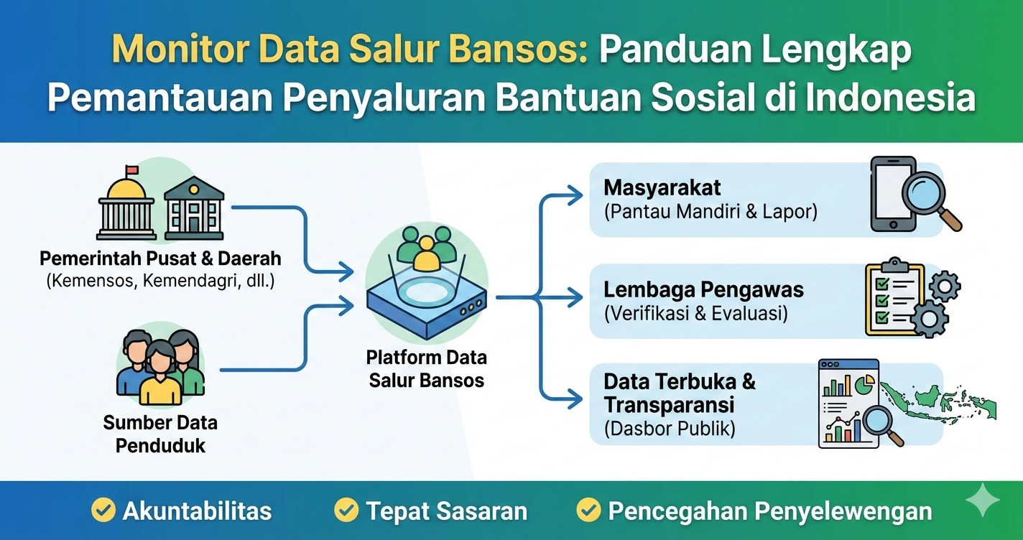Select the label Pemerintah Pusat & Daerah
point(160,258)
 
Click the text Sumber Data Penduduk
point(160,433)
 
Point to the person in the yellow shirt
point(160,376)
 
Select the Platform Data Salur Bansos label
point(427,368)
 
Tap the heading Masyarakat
point(662,187)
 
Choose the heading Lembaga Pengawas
point(703,289)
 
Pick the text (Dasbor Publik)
point(669,429)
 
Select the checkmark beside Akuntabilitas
point(103,511)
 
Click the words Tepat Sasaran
point(446,511)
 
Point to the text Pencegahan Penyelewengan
point(769,511)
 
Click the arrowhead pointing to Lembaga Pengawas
point(575,296)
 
